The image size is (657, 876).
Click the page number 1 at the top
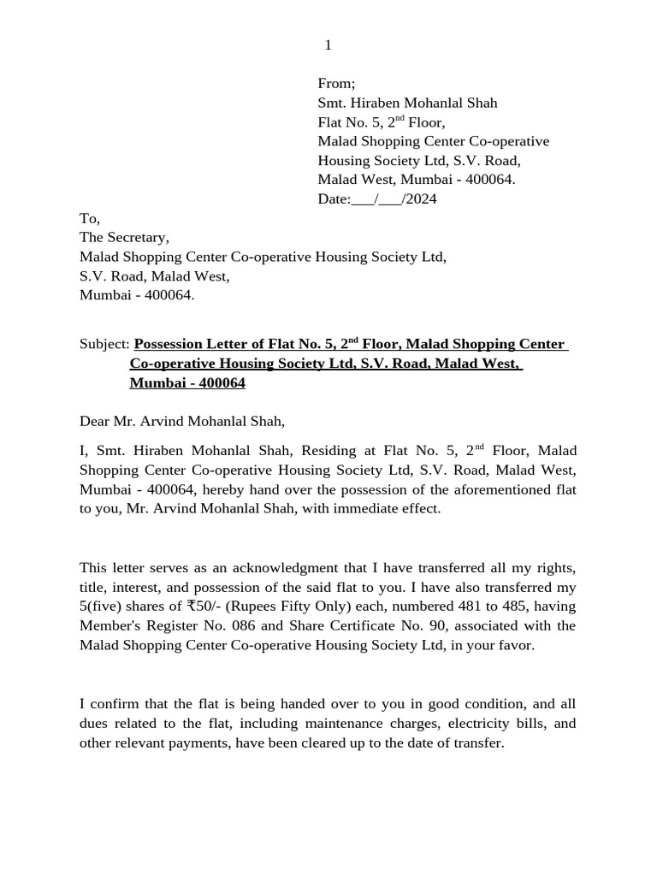pos(328,45)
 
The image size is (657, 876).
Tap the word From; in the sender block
pos(336,83)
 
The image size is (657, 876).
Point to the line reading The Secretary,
pos(124,237)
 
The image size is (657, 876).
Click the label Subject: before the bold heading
pos(104,344)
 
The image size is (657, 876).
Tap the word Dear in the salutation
pos(96,421)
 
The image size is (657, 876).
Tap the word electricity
pos(471,724)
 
